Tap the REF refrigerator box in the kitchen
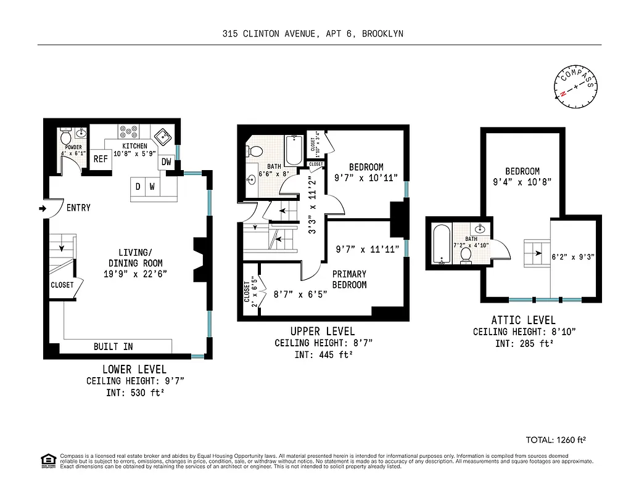coord(101,159)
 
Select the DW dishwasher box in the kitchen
coord(167,162)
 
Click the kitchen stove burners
coord(130,132)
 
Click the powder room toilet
coord(67,137)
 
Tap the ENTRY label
coord(78,208)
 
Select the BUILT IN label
coord(113,347)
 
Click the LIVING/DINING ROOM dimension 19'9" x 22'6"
coord(135,274)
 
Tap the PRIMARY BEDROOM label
coord(349,279)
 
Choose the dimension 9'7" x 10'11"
coord(366,177)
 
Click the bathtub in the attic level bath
coord(441,245)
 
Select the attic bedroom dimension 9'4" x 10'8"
coord(522,182)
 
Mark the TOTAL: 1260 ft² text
coord(555,440)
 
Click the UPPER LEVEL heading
coord(323,332)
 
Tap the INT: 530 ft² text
coord(134,393)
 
